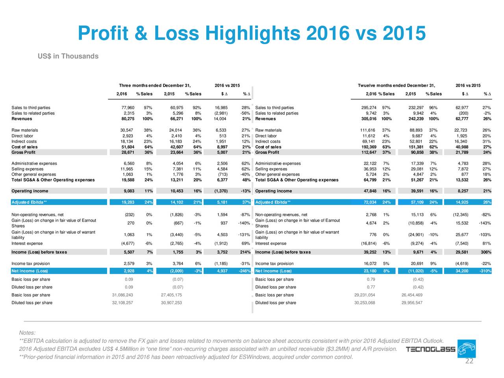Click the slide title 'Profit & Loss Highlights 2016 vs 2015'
coord(252,33)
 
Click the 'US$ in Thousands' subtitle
coord(68,56)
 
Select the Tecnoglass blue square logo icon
coord(466,348)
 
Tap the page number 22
coord(469,361)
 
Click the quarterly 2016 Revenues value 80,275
coord(128,119)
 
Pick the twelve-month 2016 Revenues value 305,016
coord(369,119)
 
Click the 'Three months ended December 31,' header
coord(155,85)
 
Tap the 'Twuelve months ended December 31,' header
coord(397,85)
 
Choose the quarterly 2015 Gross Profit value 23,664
coord(176,152)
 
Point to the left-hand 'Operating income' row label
coord(30,191)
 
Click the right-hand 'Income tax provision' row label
coord(274,263)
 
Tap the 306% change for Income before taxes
coord(486,252)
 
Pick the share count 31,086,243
coord(122,295)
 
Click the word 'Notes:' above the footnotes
coord(27,333)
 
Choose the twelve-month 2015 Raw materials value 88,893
coord(416,130)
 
